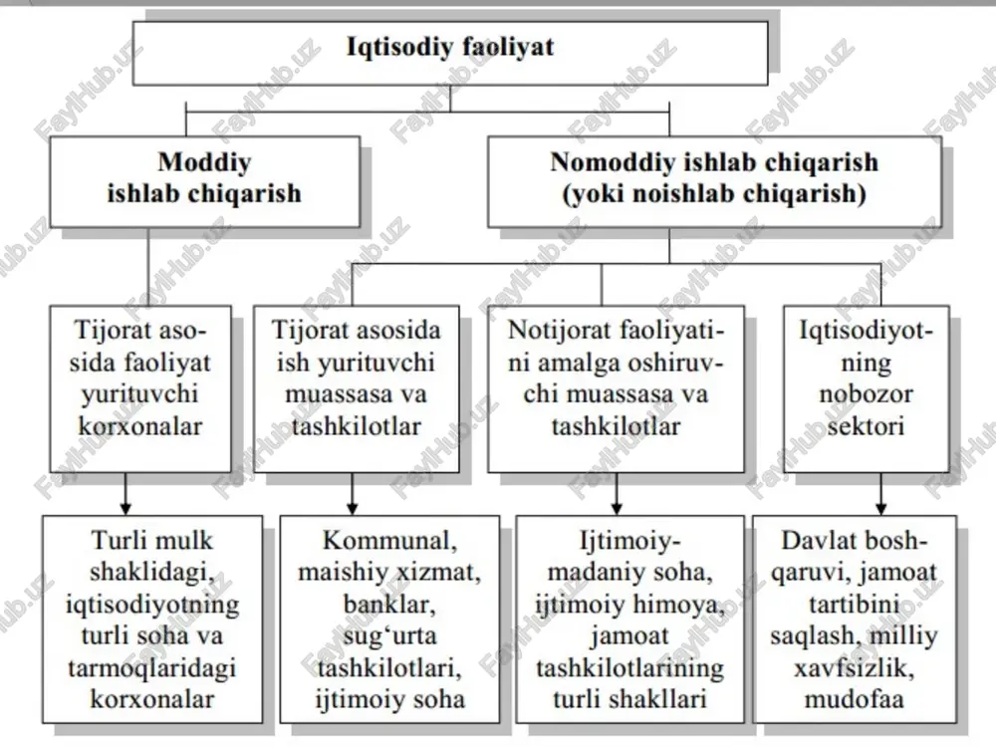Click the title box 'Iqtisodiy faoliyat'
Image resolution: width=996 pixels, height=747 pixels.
[450, 54]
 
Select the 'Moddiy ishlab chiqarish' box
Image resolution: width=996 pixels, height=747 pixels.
[204, 181]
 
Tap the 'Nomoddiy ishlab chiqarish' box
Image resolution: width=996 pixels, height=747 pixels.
[714, 181]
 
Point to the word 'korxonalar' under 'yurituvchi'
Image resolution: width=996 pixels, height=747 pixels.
[139, 426]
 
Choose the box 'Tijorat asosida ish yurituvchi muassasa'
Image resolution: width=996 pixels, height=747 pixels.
[357, 389]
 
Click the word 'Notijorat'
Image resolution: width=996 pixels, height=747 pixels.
[550, 331]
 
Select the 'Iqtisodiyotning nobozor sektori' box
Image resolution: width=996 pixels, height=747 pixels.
[866, 389]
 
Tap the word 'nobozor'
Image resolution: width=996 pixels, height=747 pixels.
[866, 394]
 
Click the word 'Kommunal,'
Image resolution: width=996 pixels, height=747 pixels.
[389, 541]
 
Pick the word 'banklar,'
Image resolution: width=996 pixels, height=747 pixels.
[389, 605]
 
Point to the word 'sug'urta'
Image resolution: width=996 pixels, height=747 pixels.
[389, 636]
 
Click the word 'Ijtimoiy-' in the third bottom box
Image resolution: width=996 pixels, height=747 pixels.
[629, 541]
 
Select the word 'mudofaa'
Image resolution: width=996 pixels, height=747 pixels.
[854, 699]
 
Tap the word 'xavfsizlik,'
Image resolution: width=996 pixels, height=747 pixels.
[854, 668]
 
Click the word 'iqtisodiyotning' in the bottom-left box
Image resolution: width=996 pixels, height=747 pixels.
[152, 605]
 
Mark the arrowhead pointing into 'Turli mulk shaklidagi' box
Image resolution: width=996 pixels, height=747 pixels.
[125, 509]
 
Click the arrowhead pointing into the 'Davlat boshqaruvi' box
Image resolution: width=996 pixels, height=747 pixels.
[880, 509]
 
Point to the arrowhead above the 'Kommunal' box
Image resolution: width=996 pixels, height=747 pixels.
[353, 509]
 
